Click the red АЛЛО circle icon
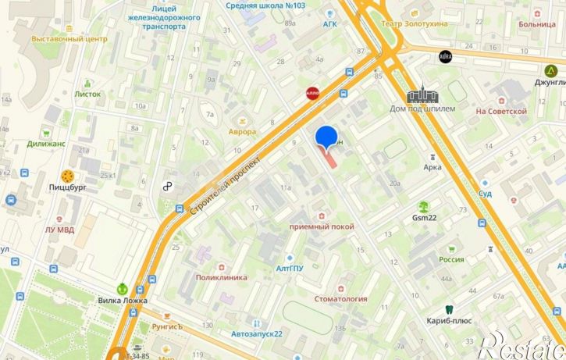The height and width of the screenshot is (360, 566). [x=312, y=94]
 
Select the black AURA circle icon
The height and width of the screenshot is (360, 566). [x=446, y=56]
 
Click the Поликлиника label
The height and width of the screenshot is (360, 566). [x=221, y=277]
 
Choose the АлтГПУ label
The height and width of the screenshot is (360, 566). [x=289, y=269]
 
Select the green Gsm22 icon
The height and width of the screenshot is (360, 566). [x=424, y=206]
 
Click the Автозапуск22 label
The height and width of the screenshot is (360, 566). [x=257, y=334]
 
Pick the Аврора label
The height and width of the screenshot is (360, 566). [x=242, y=132]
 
